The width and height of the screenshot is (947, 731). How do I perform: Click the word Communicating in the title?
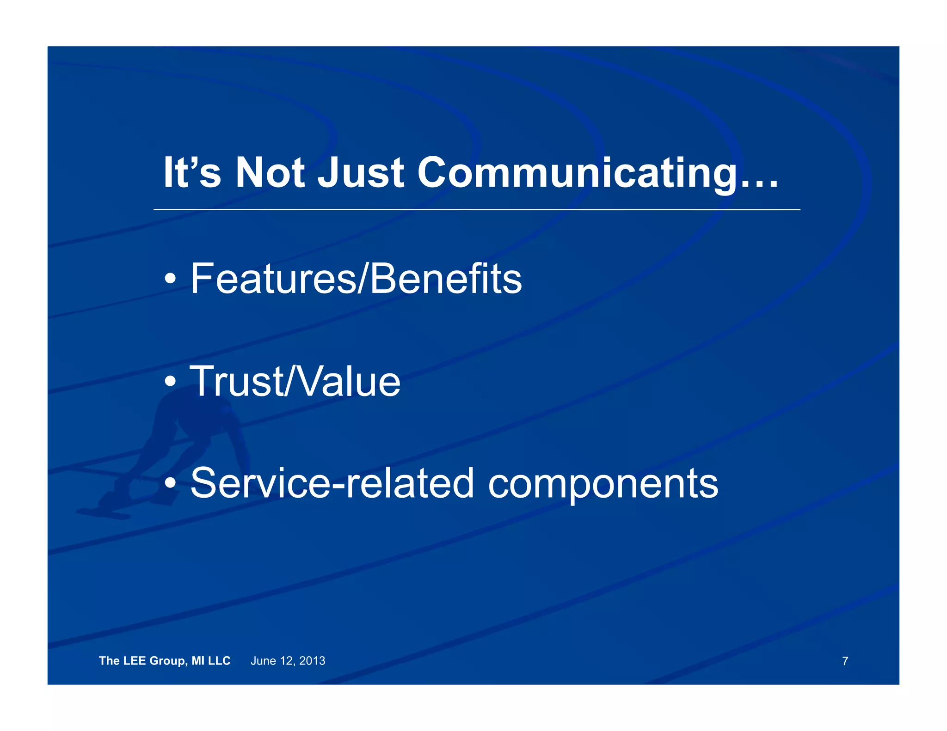(x=576, y=173)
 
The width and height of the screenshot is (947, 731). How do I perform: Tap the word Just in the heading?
(x=361, y=173)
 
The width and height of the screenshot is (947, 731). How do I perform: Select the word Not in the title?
(x=270, y=173)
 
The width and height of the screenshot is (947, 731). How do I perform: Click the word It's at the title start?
(x=192, y=173)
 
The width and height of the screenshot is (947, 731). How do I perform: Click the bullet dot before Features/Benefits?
(x=170, y=279)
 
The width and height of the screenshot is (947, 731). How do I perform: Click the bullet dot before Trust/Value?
(x=170, y=382)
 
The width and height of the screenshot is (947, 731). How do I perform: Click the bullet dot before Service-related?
(x=170, y=483)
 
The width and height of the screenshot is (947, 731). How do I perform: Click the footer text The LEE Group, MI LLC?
(x=165, y=661)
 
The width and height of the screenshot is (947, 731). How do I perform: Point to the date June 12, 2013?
(x=288, y=661)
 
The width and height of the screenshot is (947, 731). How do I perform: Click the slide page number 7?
(x=845, y=661)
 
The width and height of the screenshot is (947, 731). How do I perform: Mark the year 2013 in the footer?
(x=312, y=661)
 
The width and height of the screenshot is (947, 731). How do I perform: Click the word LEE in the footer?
(x=135, y=661)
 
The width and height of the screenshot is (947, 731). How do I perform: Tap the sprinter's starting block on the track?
(x=104, y=512)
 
